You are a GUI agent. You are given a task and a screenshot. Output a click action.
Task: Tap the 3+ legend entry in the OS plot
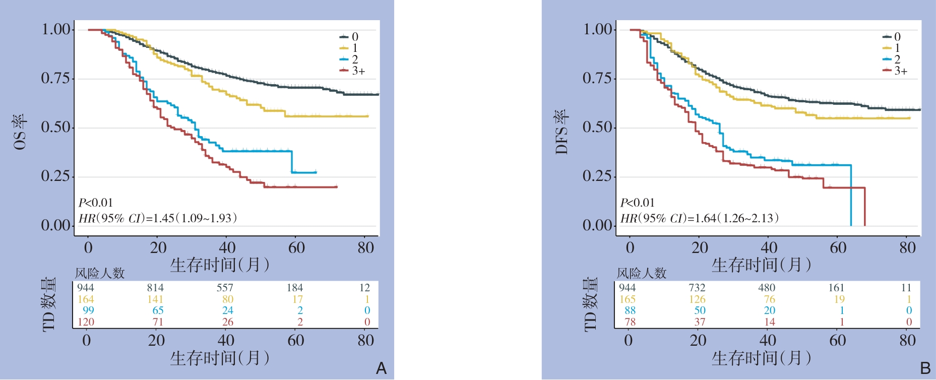357,71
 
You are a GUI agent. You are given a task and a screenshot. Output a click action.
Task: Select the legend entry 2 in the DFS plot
897,59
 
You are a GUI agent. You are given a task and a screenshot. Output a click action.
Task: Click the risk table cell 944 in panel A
86,288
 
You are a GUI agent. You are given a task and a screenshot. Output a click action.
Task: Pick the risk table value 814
155,288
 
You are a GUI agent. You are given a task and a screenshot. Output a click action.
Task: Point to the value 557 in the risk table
225,288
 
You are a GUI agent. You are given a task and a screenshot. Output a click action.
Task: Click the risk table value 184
295,288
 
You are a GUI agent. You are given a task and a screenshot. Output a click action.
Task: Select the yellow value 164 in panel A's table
86,299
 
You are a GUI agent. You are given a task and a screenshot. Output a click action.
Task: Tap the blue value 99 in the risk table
88,310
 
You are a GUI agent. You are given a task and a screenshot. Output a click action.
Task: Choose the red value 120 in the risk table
86,322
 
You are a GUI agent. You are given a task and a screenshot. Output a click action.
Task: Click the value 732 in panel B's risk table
697,288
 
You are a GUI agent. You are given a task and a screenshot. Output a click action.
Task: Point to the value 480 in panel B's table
767,288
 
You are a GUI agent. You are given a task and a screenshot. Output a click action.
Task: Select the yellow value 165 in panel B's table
628,299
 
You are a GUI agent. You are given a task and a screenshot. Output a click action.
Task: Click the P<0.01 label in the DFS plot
638,203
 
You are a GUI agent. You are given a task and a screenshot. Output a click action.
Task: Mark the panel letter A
382,368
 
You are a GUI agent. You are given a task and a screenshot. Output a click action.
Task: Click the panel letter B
925,368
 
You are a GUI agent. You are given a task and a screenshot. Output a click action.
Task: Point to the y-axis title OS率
20,132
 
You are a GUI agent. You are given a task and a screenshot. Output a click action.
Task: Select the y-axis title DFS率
562,132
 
